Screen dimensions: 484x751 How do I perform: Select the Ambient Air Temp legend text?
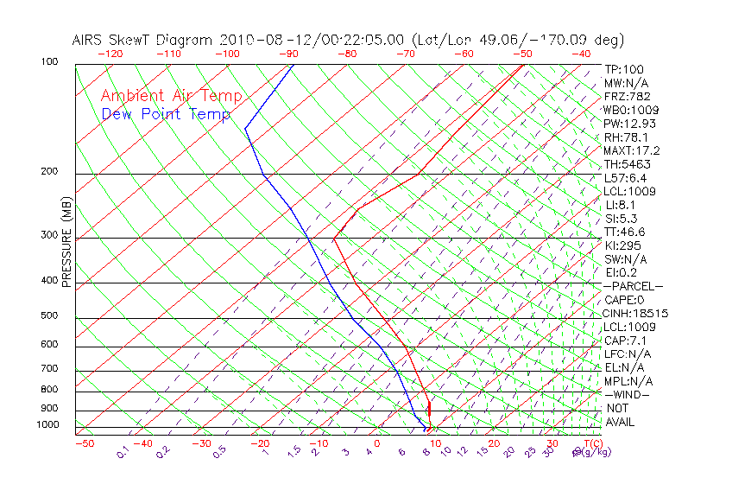click(x=171, y=97)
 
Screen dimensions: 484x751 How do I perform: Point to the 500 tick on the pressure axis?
click(x=49, y=316)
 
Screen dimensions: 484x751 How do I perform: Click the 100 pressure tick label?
click(x=49, y=62)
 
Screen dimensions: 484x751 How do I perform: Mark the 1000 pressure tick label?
click(x=47, y=425)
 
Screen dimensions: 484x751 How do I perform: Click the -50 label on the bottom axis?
click(x=84, y=444)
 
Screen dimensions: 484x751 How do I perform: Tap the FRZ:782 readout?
click(x=628, y=96)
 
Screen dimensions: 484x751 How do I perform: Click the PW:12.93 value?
click(x=628, y=124)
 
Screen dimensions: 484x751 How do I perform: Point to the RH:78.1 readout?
click(x=627, y=137)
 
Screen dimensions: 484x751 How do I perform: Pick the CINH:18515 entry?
click(x=636, y=314)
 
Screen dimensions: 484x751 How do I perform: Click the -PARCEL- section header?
click(x=633, y=286)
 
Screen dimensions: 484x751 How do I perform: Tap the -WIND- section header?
click(x=627, y=395)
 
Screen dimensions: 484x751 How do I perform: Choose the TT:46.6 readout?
click(x=625, y=232)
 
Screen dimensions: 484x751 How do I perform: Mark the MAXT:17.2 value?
click(x=632, y=151)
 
